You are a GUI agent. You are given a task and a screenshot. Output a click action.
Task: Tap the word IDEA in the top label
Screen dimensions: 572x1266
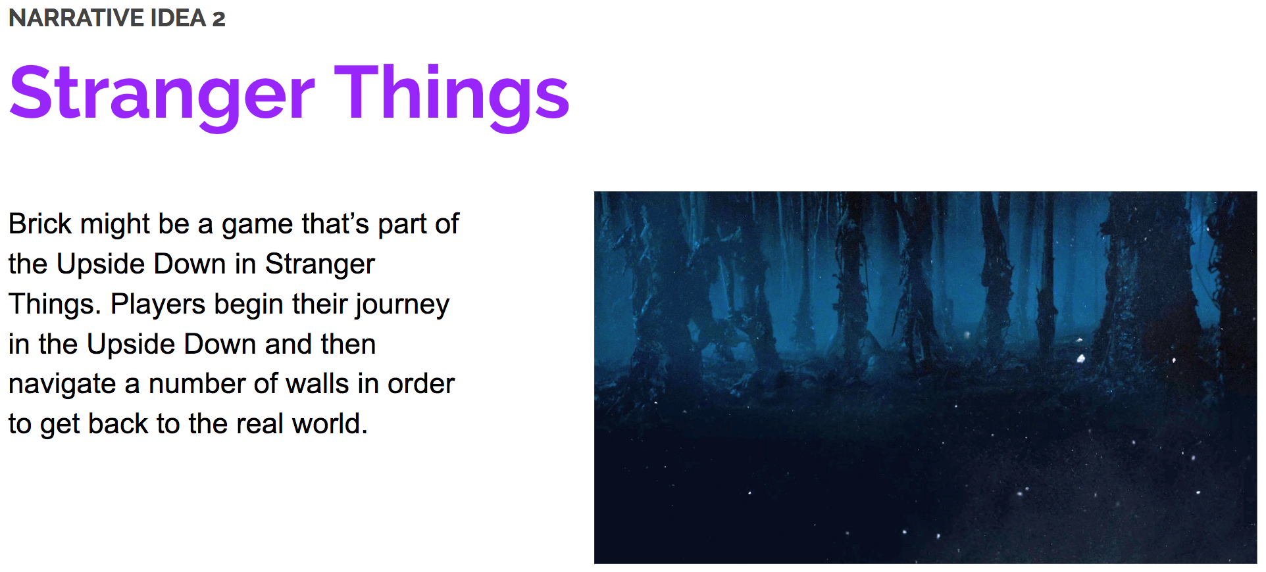[x=178, y=18]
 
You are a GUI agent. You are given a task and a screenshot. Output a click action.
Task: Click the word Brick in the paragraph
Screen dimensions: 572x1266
[x=39, y=224]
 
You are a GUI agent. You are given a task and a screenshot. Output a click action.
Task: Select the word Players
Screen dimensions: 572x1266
[x=158, y=304]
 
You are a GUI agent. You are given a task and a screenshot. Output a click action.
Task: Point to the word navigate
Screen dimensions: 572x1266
[x=62, y=385]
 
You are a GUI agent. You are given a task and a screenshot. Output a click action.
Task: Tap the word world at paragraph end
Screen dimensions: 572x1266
[x=329, y=424]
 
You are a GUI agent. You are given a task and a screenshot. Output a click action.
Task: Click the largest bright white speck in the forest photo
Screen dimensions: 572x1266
[x=1080, y=358]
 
